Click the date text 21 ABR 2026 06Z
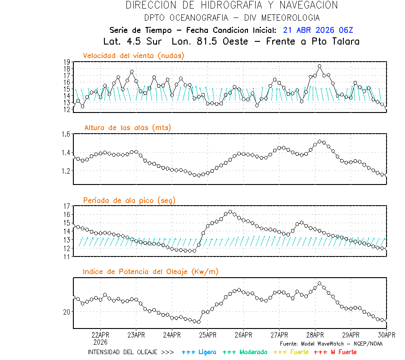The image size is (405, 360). click(x=318, y=30)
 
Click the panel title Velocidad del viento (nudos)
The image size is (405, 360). click(x=134, y=55)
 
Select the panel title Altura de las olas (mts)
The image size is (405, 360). click(x=128, y=128)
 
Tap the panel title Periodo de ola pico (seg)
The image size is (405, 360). click(x=129, y=200)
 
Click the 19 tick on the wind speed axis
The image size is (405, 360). click(x=66, y=62)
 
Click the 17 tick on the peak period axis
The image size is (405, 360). click(x=66, y=206)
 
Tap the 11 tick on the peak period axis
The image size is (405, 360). click(x=66, y=256)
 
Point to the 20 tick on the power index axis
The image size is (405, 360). click(x=66, y=312)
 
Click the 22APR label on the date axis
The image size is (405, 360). click(x=100, y=335)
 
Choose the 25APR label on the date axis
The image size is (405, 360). click(x=207, y=335)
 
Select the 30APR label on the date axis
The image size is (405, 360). click(x=386, y=335)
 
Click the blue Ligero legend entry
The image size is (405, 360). click(x=199, y=352)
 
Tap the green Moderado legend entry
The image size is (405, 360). click(x=245, y=352)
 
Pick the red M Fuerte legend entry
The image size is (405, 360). click(x=335, y=352)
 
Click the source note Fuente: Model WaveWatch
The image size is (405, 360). click(x=331, y=343)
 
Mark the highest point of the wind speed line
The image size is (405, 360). click(x=319, y=66)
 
